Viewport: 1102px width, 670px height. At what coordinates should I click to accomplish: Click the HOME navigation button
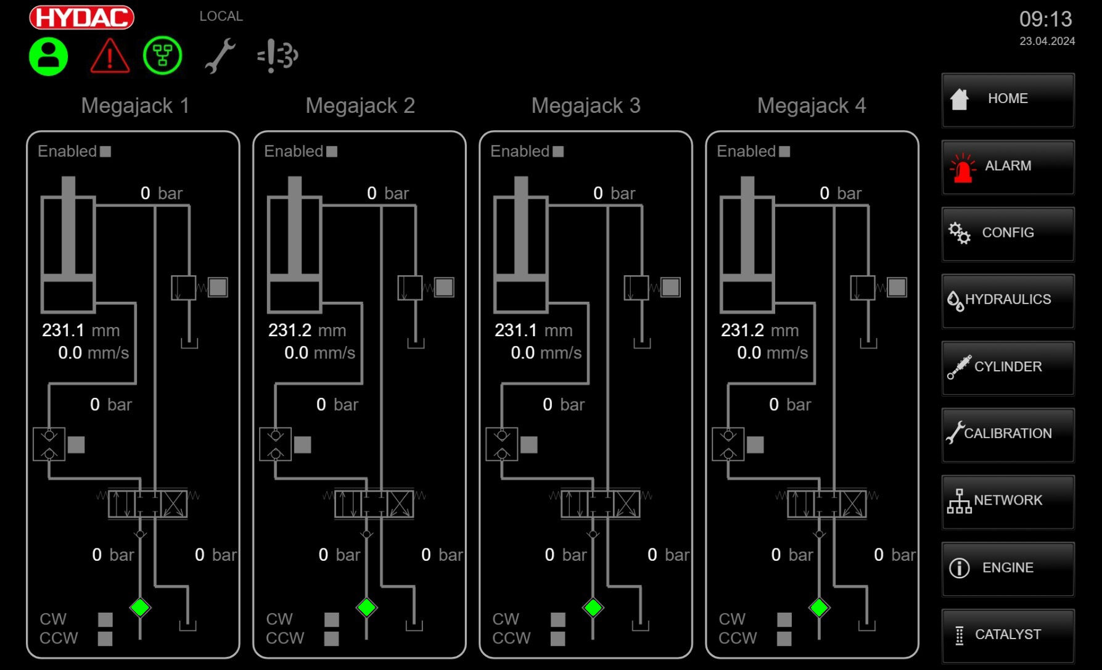click(x=1008, y=99)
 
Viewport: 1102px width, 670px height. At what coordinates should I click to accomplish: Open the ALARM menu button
click(x=1008, y=167)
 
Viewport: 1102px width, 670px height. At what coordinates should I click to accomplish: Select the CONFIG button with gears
click(x=1008, y=233)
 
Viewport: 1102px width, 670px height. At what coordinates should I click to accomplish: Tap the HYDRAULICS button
click(x=1008, y=300)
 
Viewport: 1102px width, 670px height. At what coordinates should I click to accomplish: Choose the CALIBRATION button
click(x=1008, y=434)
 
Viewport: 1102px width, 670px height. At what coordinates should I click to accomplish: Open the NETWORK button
click(x=1008, y=501)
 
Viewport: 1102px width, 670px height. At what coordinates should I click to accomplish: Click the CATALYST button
click(x=1008, y=635)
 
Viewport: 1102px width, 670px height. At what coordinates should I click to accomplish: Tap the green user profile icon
click(x=48, y=56)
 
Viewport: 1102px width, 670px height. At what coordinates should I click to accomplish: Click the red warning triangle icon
click(x=110, y=56)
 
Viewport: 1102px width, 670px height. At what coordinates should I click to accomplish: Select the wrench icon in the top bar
click(x=220, y=56)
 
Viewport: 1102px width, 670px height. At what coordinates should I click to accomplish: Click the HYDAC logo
click(x=81, y=17)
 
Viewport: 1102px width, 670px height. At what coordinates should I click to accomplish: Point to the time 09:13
click(x=1045, y=19)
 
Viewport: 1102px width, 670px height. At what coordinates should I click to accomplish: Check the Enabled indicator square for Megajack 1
click(x=105, y=152)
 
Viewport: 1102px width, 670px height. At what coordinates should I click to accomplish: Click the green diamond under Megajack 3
click(x=593, y=608)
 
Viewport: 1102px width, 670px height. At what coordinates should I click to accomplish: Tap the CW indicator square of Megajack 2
click(x=332, y=619)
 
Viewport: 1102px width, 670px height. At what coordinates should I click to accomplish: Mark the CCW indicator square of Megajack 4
click(x=784, y=639)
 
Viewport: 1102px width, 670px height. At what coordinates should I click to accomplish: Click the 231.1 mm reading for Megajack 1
click(x=80, y=331)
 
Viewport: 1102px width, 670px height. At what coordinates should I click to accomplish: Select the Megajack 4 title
click(x=812, y=105)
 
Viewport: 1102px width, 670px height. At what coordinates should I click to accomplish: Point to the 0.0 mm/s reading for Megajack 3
click(x=546, y=353)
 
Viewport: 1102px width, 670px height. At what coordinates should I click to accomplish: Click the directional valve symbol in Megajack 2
click(x=374, y=504)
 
